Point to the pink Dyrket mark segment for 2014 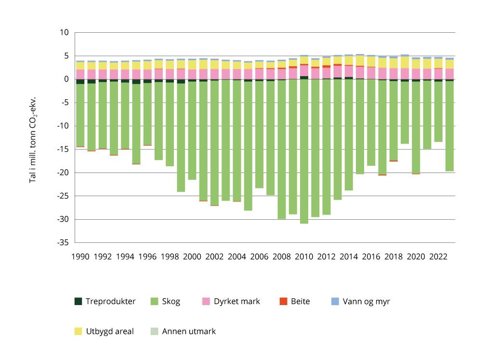349,71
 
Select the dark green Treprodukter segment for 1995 136,81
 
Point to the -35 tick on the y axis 63,243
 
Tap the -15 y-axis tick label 63,149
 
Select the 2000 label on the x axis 192,256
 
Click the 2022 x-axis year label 439,256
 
